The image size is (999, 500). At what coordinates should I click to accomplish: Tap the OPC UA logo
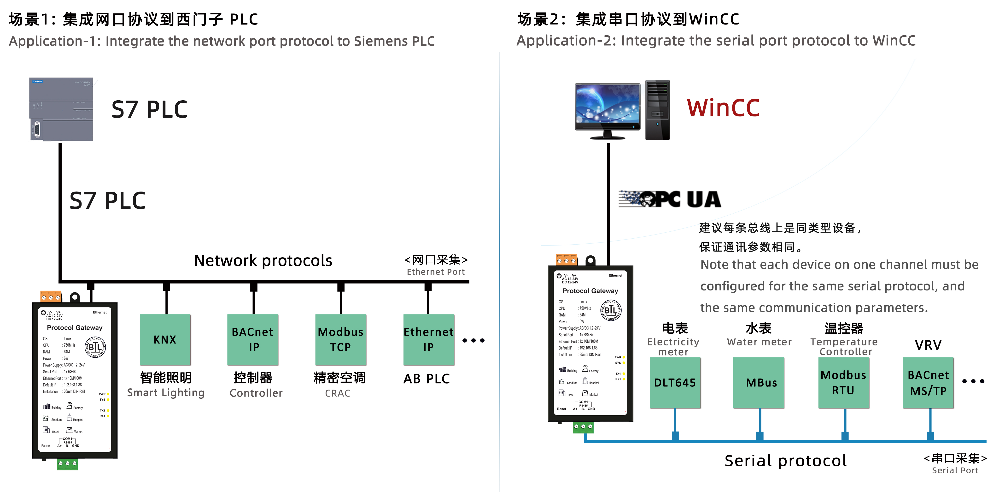tap(670, 199)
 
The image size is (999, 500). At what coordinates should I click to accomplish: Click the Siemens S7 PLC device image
tap(61, 109)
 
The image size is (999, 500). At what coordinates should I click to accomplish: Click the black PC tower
tap(657, 110)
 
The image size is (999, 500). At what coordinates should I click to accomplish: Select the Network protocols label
tap(263, 260)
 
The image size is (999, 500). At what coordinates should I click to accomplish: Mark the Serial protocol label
tap(785, 461)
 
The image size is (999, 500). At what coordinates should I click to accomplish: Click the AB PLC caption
tap(426, 379)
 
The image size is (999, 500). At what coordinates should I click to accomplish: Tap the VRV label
tap(928, 345)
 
